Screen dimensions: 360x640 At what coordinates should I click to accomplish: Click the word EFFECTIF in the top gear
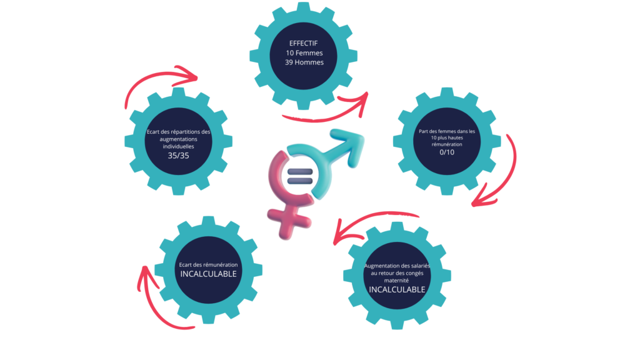(304, 43)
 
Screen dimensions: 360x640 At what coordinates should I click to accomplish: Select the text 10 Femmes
(304, 53)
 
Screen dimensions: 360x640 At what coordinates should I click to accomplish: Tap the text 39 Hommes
(304, 63)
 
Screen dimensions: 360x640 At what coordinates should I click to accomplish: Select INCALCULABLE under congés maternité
(397, 289)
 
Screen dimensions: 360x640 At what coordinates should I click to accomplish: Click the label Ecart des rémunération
(208, 264)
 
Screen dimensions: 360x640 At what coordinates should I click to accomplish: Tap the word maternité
(397, 281)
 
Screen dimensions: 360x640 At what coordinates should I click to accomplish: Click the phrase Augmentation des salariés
(397, 266)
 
